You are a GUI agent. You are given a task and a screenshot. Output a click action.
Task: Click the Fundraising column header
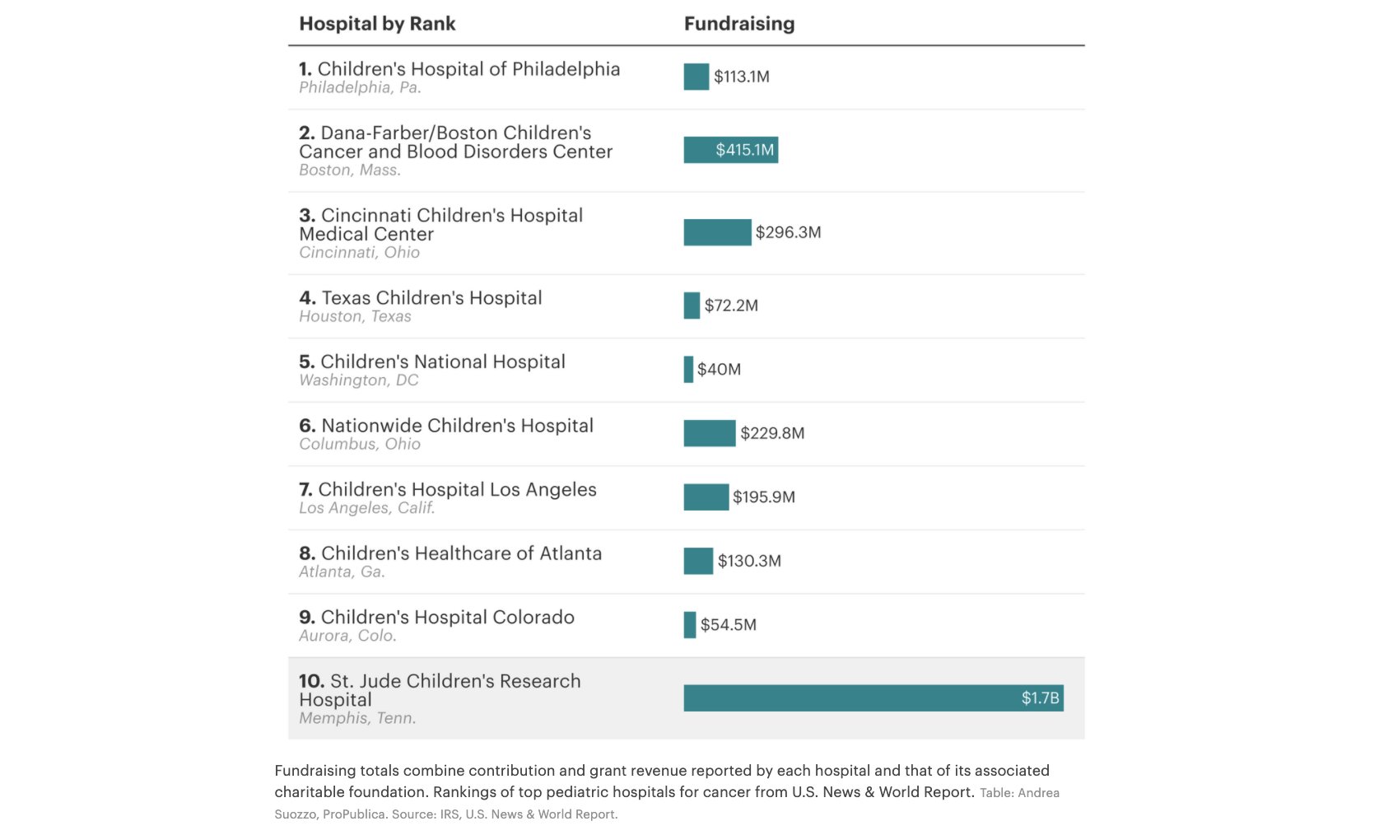click(738, 24)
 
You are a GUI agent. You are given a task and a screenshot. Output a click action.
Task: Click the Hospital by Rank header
click(377, 24)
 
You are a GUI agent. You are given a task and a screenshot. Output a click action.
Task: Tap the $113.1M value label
click(741, 77)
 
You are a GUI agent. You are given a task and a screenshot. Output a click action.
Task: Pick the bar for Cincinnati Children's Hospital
click(717, 232)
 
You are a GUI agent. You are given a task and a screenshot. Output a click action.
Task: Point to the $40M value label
click(719, 370)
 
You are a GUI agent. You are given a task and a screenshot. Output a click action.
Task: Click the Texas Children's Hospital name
click(431, 298)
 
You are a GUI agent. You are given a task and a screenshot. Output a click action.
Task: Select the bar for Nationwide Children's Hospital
click(709, 433)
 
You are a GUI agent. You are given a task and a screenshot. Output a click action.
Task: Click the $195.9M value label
click(763, 497)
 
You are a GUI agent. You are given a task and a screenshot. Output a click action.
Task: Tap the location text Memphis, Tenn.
click(357, 718)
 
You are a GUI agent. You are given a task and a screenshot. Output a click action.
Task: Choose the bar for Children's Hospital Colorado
click(690, 625)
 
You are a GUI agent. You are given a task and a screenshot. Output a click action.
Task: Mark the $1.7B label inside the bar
click(1040, 698)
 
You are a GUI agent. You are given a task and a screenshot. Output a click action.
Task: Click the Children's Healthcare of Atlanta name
click(461, 553)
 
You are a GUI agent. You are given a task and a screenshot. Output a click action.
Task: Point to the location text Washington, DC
click(359, 380)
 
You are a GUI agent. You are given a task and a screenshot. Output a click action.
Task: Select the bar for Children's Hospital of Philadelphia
click(696, 77)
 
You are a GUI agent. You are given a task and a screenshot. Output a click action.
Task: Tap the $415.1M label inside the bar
click(744, 150)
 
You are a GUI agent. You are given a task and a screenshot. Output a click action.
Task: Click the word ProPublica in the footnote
click(353, 814)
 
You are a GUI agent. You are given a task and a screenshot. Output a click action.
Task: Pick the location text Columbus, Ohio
click(360, 444)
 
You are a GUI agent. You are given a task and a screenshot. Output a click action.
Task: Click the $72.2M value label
click(731, 306)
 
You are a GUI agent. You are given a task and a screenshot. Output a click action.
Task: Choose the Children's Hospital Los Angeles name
click(457, 490)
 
